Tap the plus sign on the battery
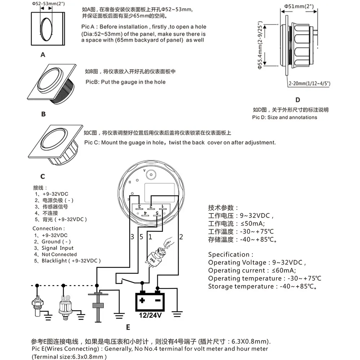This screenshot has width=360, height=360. pos(143,300)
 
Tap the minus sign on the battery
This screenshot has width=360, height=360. pos(157,300)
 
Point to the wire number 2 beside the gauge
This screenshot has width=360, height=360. pos(181,237)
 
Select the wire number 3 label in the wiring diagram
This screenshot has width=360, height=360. pos(132,237)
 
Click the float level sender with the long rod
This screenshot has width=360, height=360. pos(96,304)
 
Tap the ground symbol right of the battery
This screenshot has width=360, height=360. pos(176,314)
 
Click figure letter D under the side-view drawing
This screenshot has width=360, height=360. pos(297,100)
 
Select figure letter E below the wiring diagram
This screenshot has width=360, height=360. pos(128,327)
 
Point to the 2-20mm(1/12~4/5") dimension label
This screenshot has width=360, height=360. pos(309,84)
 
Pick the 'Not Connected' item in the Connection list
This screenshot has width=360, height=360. pos(59,254)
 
